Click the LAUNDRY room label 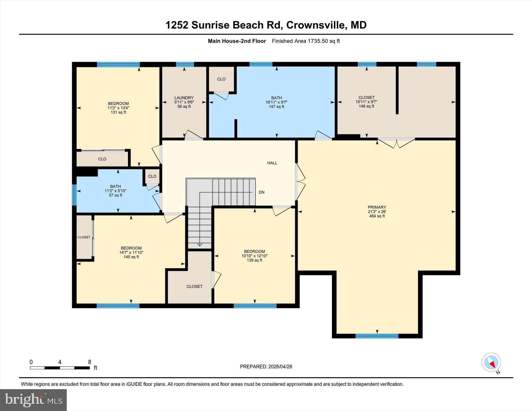184,98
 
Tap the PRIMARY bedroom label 377,207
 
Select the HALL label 272,163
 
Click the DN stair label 261,192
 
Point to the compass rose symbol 491,362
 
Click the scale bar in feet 60,368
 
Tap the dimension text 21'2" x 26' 377,212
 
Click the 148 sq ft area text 366,106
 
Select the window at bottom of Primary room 377,336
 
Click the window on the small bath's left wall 74,195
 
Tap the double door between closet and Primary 396,143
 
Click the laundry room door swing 194,135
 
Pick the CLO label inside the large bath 221,79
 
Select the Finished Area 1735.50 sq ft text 306,41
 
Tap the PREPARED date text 266,367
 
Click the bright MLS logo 33,400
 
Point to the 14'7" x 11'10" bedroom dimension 131,252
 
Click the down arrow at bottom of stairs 199,244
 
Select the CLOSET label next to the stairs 194,286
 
